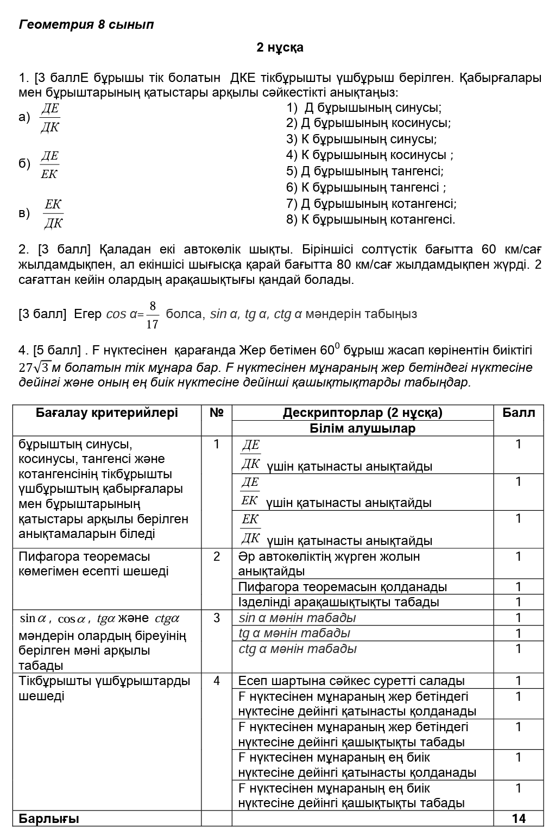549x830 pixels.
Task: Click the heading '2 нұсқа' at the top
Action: pyautogui.click(x=280, y=48)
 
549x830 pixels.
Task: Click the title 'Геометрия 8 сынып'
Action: pyautogui.click(x=86, y=24)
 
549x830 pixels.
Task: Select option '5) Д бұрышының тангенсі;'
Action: pyautogui.click(x=364, y=172)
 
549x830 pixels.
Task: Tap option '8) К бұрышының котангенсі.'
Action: pyautogui.click(x=370, y=220)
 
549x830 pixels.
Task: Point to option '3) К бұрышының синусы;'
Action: pyautogui.click(x=361, y=139)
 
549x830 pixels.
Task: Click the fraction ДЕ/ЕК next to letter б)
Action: pyautogui.click(x=49, y=165)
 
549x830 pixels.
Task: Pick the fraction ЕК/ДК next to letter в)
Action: pyautogui.click(x=53, y=213)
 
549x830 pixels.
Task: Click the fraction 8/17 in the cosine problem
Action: pyautogui.click(x=153, y=315)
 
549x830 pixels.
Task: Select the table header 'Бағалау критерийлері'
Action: pyautogui.click(x=107, y=413)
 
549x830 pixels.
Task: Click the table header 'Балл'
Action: pyautogui.click(x=518, y=413)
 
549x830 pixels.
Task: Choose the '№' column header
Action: pyautogui.click(x=216, y=413)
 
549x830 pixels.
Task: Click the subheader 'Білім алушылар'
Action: pyautogui.click(x=362, y=429)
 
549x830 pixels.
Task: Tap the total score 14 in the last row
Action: pyautogui.click(x=519, y=819)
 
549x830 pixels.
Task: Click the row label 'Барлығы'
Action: pyautogui.click(x=49, y=819)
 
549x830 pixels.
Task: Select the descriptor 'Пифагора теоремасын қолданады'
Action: pyautogui.click(x=342, y=587)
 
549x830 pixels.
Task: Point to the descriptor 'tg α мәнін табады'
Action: pyautogui.click(x=294, y=633)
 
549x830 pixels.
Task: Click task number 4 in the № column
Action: pyautogui.click(x=216, y=681)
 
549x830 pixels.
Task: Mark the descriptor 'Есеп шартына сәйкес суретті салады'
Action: pyautogui.click(x=351, y=681)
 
